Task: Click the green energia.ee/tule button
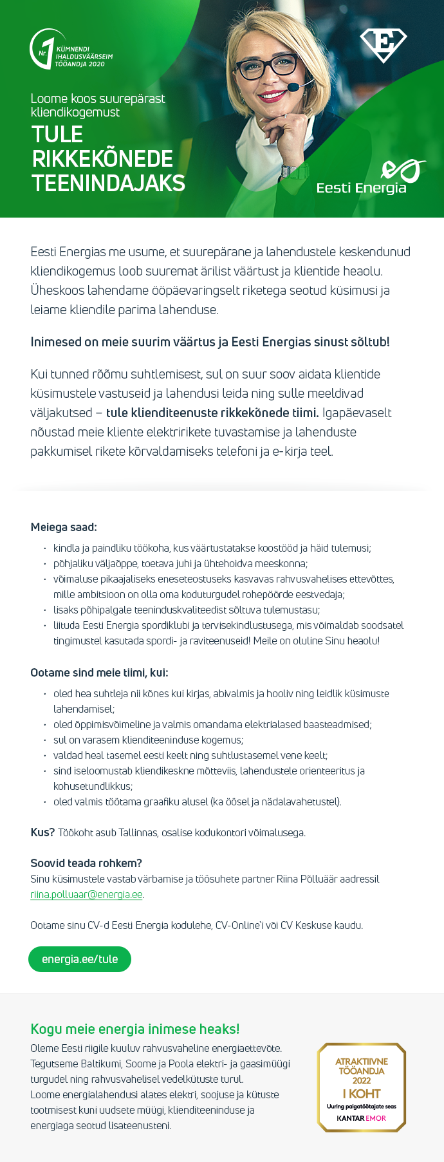pos(80,959)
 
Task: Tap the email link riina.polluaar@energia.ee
pos(86,894)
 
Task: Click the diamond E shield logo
pos(384,45)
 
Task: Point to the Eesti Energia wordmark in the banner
pos(362,187)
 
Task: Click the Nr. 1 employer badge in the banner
pos(71,50)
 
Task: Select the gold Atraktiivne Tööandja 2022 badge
pos(362,1087)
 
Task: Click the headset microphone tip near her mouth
pos(293,86)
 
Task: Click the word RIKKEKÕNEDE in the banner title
pos(103,159)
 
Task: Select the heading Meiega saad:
pos(64,527)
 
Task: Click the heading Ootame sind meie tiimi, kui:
pos(99,673)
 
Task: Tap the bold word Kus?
pos(42,832)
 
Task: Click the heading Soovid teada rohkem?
pos(86,863)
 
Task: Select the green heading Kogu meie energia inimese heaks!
pos(135,1029)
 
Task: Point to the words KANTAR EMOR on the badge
pos(362,1118)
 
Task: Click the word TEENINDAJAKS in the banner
pos(109,183)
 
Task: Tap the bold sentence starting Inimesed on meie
pos(210,342)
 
